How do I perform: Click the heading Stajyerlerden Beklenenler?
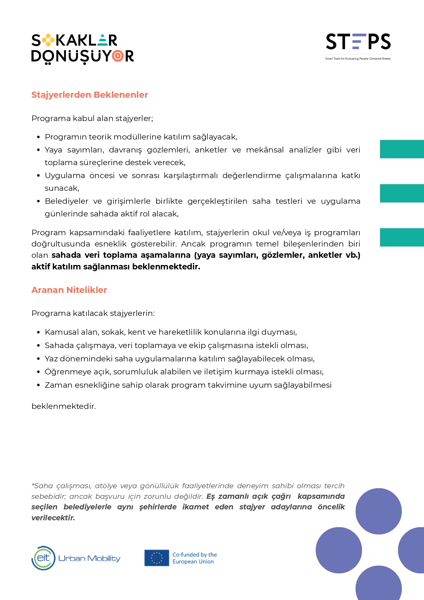pyautogui.click(x=90, y=95)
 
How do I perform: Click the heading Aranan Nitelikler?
pyautogui.click(x=69, y=290)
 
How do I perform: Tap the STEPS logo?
pyautogui.click(x=358, y=42)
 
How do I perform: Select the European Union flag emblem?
pyautogui.click(x=156, y=558)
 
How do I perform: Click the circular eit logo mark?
pyautogui.click(x=43, y=558)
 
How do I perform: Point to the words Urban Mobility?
pyautogui.click(x=90, y=558)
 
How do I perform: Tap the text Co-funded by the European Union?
pyautogui.click(x=194, y=558)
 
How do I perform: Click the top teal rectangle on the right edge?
pyautogui.click(x=402, y=149)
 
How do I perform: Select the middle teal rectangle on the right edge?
pyautogui.click(x=402, y=193)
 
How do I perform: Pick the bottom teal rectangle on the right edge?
pyautogui.click(x=402, y=237)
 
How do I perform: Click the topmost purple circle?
pyautogui.click(x=379, y=511)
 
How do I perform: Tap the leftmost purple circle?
pyautogui.click(x=339, y=550)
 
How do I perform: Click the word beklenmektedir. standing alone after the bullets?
pyautogui.click(x=64, y=406)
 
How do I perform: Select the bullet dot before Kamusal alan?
pyautogui.click(x=39, y=332)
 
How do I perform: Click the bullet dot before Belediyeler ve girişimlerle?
pyautogui.click(x=39, y=201)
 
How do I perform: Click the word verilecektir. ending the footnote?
pyautogui.click(x=53, y=518)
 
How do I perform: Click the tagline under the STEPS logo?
pyautogui.click(x=358, y=59)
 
